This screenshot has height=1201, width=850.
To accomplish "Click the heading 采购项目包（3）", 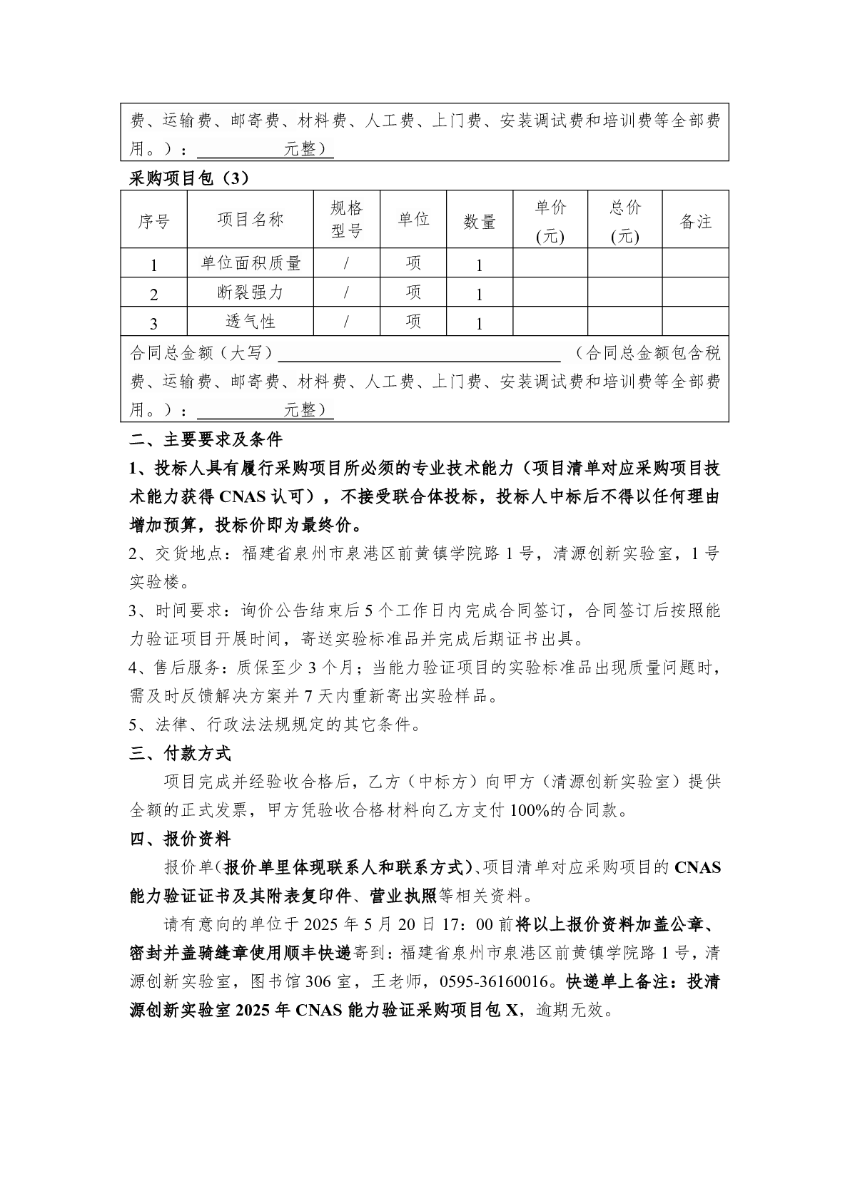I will pos(189,178).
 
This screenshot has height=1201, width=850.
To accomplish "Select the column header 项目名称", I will pos(251,220).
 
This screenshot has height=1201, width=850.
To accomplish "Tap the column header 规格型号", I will pos(346,220).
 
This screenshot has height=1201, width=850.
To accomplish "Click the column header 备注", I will pos(695,222).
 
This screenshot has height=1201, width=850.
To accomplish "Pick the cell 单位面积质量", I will pos(251,263).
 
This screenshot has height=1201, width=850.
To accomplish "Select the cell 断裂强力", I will pos(251,292).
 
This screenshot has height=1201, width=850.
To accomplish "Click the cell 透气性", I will pos(251,322).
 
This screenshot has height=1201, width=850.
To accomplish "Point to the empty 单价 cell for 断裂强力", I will pos(550,292).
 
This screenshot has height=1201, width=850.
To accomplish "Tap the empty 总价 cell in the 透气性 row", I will pos(624,322).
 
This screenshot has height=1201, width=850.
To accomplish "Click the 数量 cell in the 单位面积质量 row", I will pos(480,265).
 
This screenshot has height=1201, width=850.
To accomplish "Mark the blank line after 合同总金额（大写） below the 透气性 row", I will pos(419,354).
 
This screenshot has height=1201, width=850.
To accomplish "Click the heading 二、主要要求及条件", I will pos(206,439).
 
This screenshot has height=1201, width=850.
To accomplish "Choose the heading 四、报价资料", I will pos(180,839).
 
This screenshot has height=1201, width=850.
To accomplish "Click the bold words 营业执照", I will pos(403,896).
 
